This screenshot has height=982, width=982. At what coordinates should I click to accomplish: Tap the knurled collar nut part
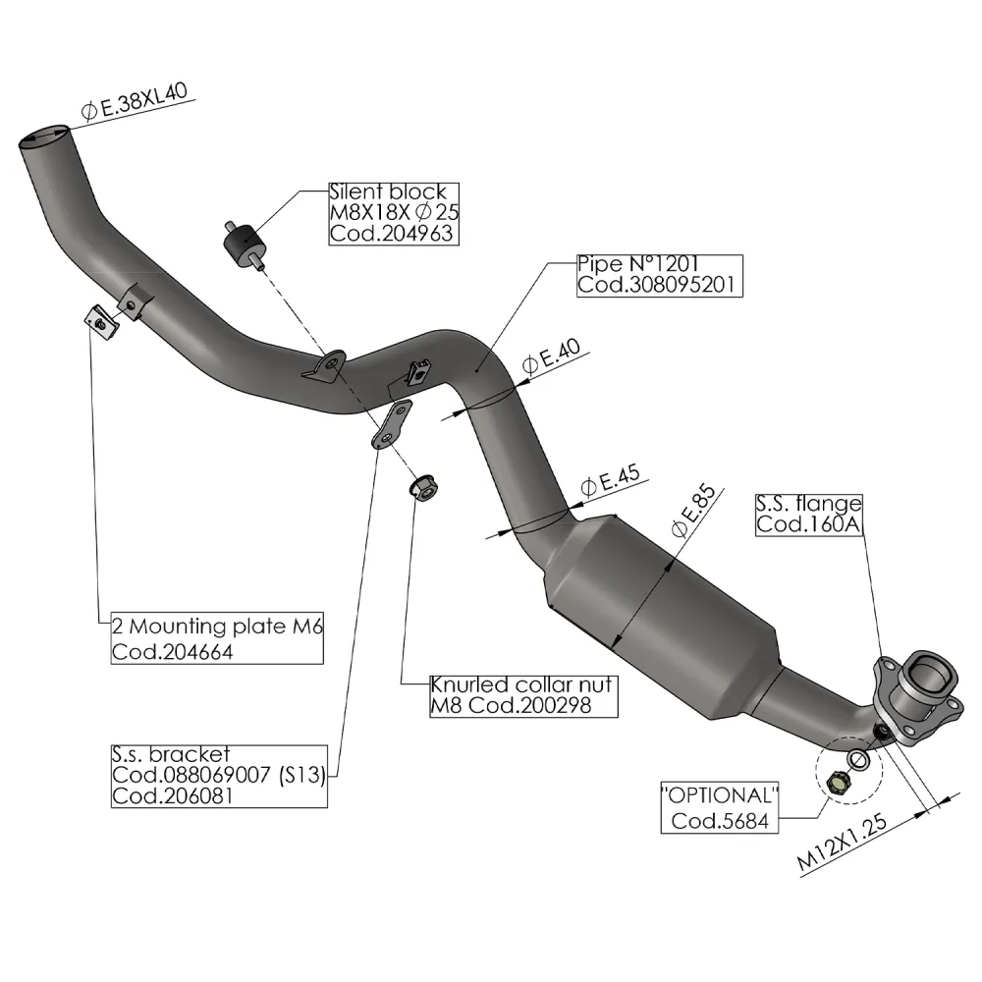coord(422,486)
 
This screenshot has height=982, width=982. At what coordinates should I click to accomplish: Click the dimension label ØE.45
coord(610,481)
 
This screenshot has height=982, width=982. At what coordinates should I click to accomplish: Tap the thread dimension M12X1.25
coord(849,842)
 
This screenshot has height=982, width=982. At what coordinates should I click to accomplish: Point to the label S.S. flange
coord(808,505)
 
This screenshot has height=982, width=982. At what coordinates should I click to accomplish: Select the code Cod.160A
coord(807,525)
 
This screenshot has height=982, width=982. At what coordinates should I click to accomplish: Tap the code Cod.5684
coord(719,820)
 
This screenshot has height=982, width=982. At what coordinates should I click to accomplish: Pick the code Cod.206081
coord(173,795)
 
